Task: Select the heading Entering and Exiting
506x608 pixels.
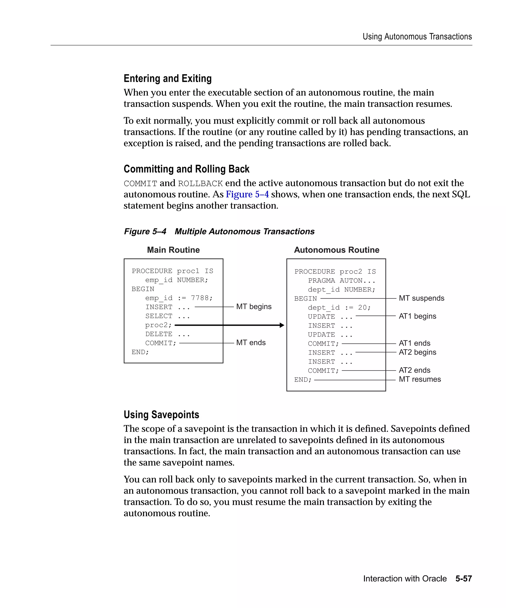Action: (168, 78)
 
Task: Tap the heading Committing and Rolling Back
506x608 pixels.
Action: (186, 169)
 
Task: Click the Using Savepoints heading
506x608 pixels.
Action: (161, 415)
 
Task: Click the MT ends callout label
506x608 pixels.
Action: (251, 343)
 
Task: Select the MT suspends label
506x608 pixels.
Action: (421, 298)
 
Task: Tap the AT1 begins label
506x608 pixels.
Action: (417, 316)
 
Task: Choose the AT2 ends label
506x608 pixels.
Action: (414, 370)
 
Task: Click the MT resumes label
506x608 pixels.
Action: (420, 379)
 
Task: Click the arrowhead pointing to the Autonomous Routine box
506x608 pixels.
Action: (282, 325)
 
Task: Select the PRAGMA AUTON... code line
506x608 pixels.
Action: (341, 281)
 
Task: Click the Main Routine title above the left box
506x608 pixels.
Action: (173, 250)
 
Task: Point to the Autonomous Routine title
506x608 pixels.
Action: (336, 250)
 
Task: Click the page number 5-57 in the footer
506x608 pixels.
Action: (464, 579)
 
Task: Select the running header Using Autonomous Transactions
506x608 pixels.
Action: (417, 37)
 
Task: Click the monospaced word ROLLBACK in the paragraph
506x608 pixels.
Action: (200, 184)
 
